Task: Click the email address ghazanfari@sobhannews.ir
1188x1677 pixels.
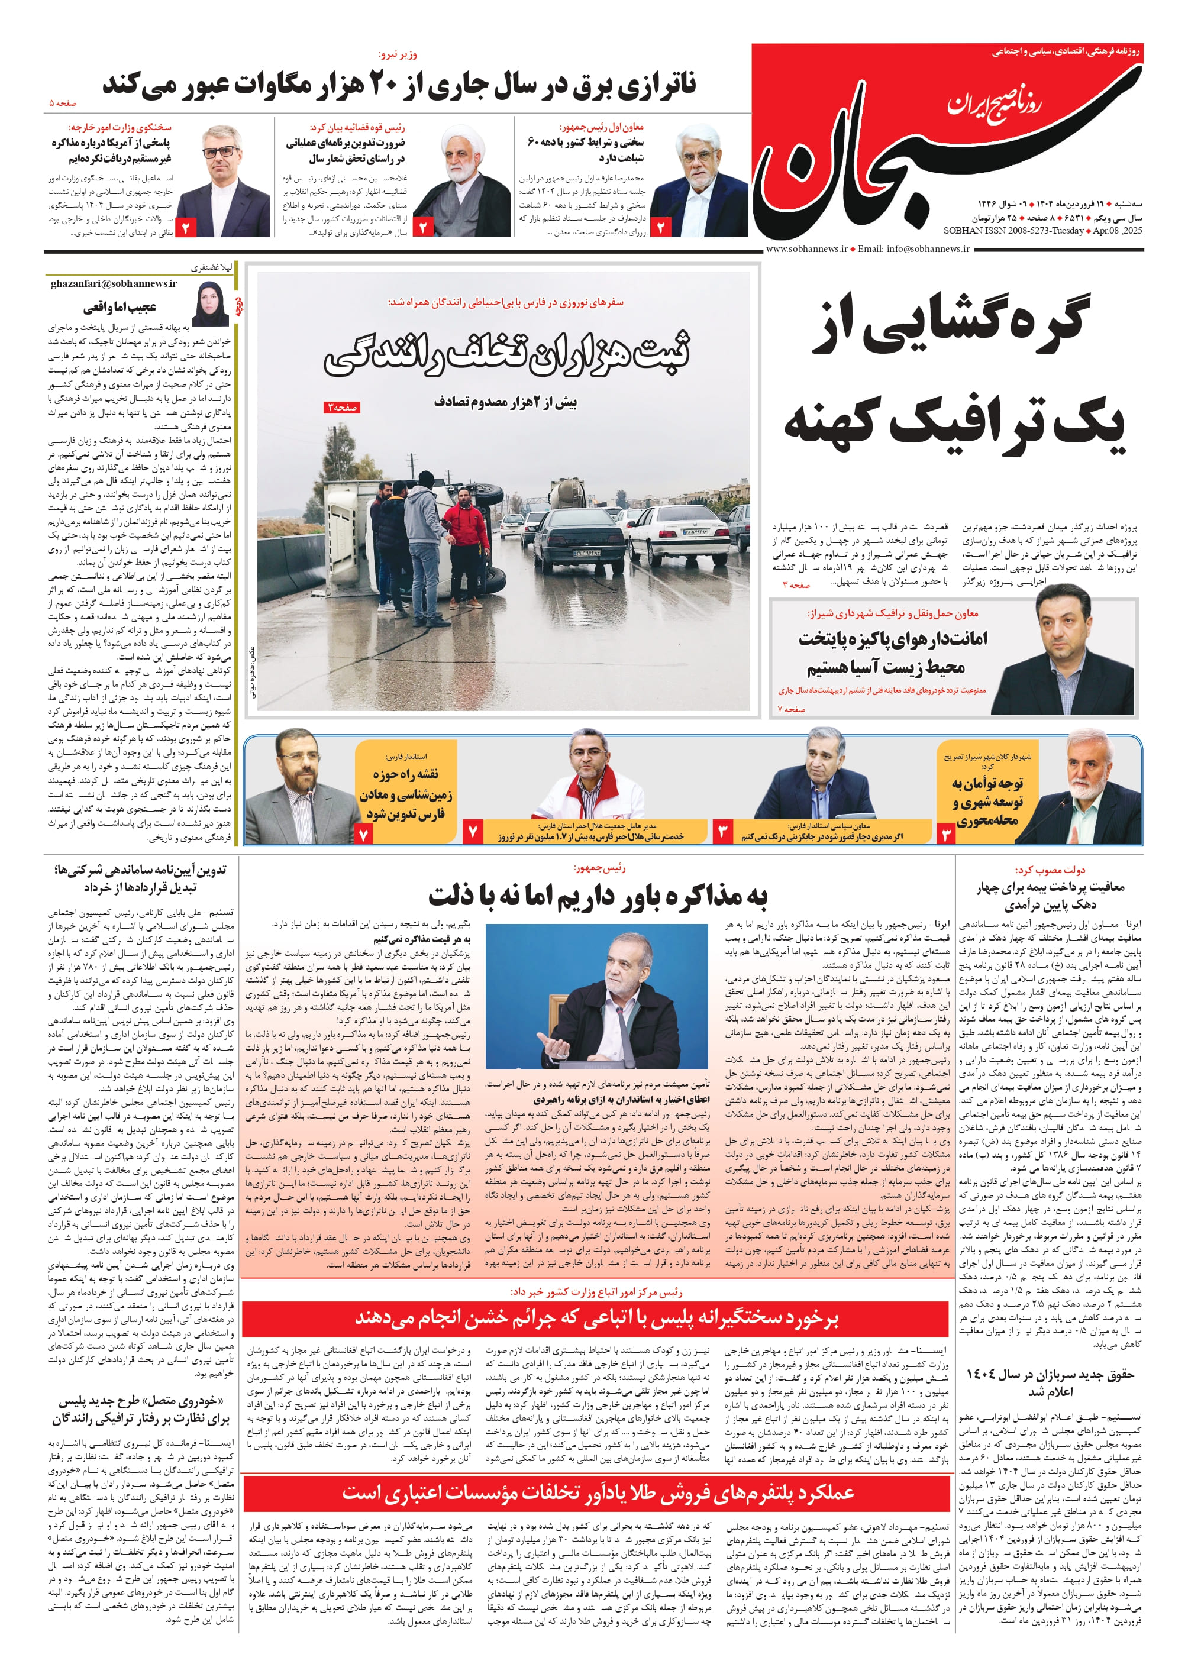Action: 114,283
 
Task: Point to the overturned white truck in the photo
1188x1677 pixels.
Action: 409,526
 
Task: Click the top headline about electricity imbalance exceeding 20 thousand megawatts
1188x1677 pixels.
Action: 399,85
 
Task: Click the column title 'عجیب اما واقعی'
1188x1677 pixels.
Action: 120,306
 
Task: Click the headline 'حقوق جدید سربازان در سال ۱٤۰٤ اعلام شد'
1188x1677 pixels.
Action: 1050,1382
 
